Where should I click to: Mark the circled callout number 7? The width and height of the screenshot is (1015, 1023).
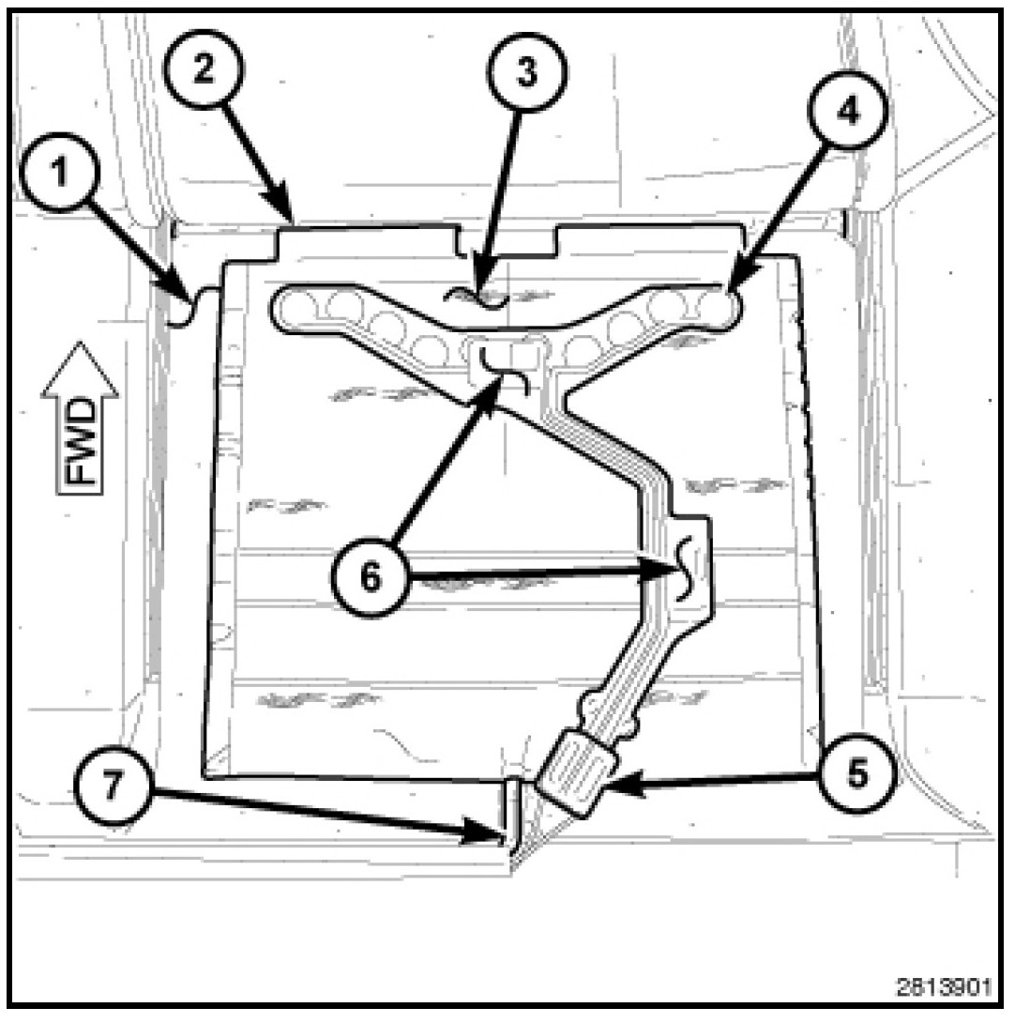click(113, 785)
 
